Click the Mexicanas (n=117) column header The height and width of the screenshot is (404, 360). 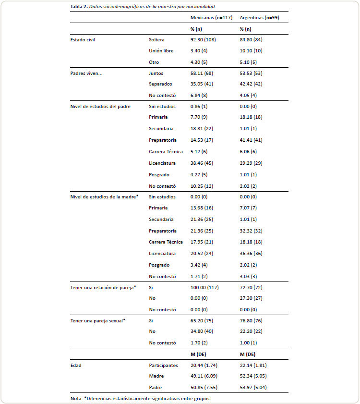pos(211,17)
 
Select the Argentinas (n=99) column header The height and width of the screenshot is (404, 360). pos(260,17)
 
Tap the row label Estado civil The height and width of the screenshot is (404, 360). pos(83,39)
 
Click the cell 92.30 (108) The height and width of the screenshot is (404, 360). pos(203,39)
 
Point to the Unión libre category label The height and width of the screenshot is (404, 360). pos(161,51)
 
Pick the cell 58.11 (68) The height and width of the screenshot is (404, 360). pos(202,73)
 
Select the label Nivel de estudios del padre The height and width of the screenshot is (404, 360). pos(100,106)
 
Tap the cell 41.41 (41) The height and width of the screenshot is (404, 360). pos(251,140)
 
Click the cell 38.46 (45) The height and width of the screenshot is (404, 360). pos(202,163)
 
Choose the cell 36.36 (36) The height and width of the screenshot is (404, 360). pos(251,254)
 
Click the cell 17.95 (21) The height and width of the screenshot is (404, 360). pos(202,242)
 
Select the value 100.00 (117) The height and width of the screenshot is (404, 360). pos(204,287)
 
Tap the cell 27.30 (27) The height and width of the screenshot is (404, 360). pos(251,298)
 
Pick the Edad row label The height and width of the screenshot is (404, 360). pos(75,366)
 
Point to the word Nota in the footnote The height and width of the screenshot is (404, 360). pos(75,399)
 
